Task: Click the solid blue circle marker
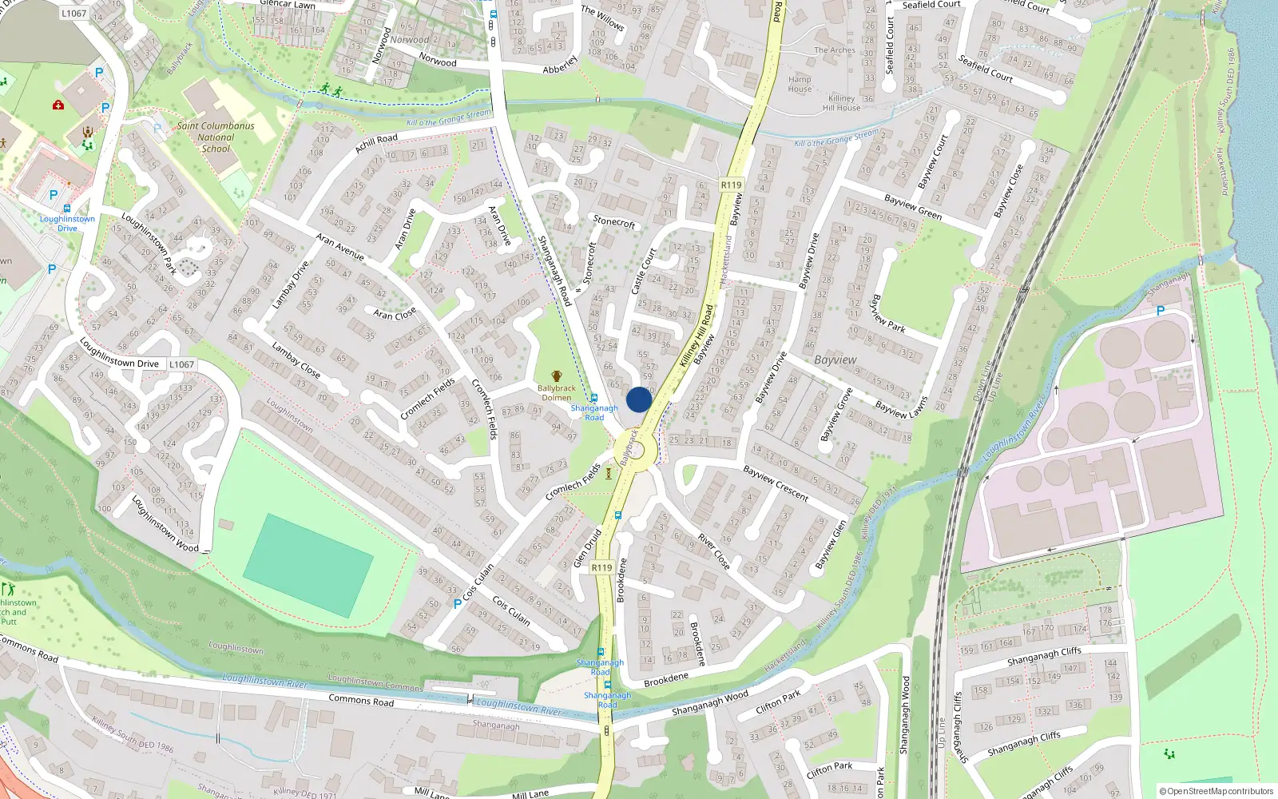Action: pos(639,399)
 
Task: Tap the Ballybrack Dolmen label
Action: pos(556,392)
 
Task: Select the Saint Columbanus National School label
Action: pos(216,137)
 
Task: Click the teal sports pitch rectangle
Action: pos(308,565)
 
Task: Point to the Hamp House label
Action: pos(800,84)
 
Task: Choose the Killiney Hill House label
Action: pos(842,103)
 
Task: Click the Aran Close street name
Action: pos(395,313)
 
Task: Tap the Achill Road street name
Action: pos(376,144)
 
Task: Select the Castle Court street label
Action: pos(643,271)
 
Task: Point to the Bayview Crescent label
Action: pos(776,483)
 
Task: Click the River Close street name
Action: pos(713,551)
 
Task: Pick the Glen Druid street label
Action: pos(587,548)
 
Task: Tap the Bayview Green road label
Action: pos(913,207)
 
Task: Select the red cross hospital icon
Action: pos(58,105)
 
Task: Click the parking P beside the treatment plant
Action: pos(1161,310)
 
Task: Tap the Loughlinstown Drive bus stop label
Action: pos(67,223)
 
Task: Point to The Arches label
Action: pos(835,50)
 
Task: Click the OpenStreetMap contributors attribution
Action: pos(1216,792)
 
